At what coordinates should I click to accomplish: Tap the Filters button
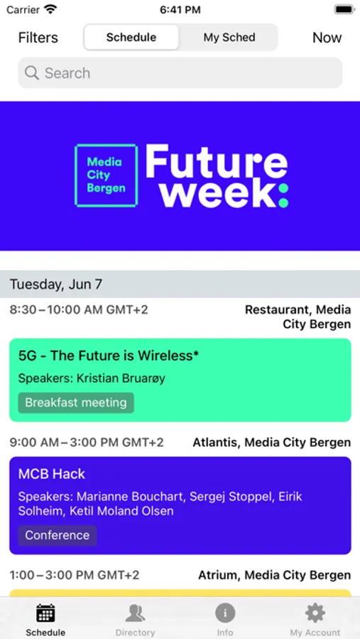pos(38,38)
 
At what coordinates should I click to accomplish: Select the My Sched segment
pos(229,38)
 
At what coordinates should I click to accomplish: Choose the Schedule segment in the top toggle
pos(131,38)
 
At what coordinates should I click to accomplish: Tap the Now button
pos(327,38)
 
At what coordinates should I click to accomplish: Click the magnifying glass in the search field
pos(32,73)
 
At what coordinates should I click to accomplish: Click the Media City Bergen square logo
pos(107,175)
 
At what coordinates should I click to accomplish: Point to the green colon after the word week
pos(284,195)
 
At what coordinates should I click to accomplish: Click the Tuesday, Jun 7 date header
pos(56,284)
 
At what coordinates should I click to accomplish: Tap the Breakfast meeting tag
pos(76,403)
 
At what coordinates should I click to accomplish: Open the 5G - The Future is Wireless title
pos(109,356)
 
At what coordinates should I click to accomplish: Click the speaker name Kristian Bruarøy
pos(121,378)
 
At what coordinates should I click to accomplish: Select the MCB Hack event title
pos(52,474)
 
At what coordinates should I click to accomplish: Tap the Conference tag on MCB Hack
pos(58,535)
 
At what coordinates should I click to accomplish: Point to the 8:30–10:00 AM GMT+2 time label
pos(79,310)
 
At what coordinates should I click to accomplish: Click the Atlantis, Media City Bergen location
pos(271,442)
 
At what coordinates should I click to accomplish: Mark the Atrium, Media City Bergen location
pos(274,575)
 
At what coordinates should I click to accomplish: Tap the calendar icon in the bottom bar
pos(45,613)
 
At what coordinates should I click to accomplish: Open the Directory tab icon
pos(135,613)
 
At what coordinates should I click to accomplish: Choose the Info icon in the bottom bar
pos(225,613)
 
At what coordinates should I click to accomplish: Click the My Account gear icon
pos(315,613)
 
